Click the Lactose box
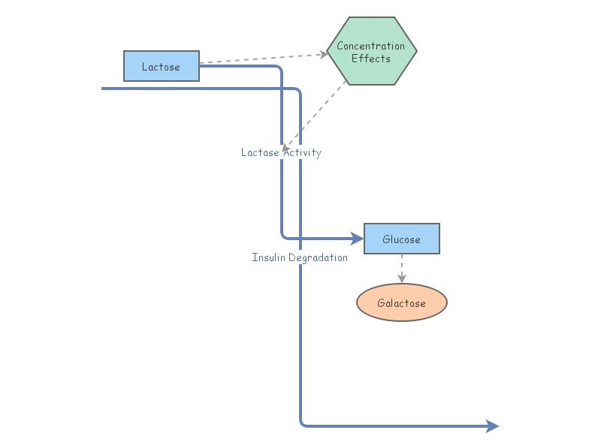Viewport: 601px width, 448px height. pos(162,66)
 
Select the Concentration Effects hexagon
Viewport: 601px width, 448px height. pos(371,51)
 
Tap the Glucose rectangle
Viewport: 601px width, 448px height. pos(401,239)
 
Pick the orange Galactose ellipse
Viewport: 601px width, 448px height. pos(401,302)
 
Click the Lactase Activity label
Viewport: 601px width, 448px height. pos(281,152)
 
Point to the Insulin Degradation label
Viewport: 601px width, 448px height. pos(300,257)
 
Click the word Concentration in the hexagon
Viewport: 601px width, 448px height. pos(370,46)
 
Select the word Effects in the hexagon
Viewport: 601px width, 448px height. pos(371,59)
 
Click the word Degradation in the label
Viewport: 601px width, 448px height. pos(316,257)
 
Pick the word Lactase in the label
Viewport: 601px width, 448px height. pos(260,152)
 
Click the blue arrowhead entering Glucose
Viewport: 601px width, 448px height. pos(358,239)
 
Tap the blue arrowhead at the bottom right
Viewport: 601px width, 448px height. pos(493,426)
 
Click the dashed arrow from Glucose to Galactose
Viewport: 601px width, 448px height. pos(402,266)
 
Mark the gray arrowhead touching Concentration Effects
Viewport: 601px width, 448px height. pos(323,53)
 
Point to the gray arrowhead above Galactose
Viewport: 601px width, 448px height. pos(402,279)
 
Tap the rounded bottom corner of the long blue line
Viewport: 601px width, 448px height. pos(303,424)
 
